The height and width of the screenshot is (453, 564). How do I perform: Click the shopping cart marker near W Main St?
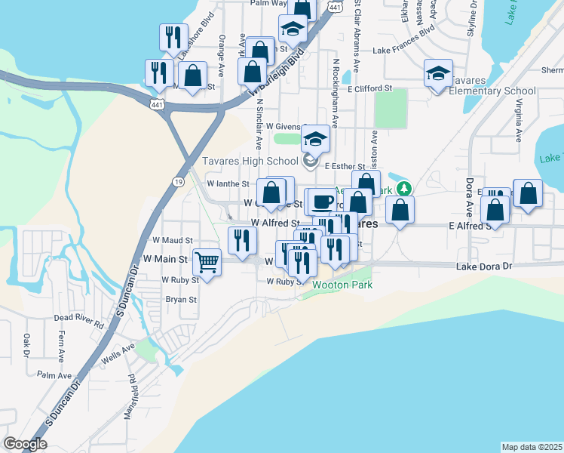coord(207,262)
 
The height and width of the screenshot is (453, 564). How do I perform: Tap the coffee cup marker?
coord(322,202)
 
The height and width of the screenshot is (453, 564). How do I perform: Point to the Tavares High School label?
coord(250,161)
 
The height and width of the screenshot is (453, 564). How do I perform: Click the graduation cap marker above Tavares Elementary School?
coord(437,73)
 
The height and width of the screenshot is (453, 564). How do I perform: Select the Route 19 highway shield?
coord(177,181)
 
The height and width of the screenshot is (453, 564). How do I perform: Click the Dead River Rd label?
coord(78,320)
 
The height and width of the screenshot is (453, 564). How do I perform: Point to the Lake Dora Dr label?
coord(484,267)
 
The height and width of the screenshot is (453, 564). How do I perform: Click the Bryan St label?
coord(181,299)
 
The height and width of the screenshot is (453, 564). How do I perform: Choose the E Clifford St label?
coord(370,88)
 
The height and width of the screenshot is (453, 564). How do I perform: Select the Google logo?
coord(25,444)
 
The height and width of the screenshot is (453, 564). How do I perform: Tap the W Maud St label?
coord(174,240)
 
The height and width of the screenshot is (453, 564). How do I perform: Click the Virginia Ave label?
coord(520,124)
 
